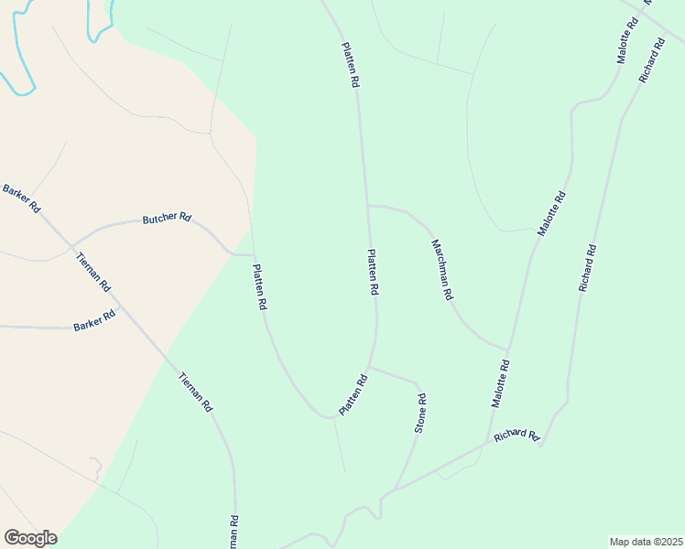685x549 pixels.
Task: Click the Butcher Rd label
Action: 167,219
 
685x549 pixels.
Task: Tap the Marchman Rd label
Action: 442,271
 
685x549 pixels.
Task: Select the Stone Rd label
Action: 421,413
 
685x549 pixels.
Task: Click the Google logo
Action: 30,538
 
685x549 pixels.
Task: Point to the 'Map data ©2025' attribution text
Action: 647,542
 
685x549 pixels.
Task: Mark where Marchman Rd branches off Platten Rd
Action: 368,206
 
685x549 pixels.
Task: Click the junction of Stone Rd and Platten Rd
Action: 370,367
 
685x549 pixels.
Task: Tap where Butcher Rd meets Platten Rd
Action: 253,255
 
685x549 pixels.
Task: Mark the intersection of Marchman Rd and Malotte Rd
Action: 506,349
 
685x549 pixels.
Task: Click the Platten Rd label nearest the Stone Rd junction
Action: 353,394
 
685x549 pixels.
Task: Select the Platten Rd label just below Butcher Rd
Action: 259,286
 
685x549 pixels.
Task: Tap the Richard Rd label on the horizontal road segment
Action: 516,436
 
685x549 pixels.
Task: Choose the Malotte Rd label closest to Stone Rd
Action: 500,383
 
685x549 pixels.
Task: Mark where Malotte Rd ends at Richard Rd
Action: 486,447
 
